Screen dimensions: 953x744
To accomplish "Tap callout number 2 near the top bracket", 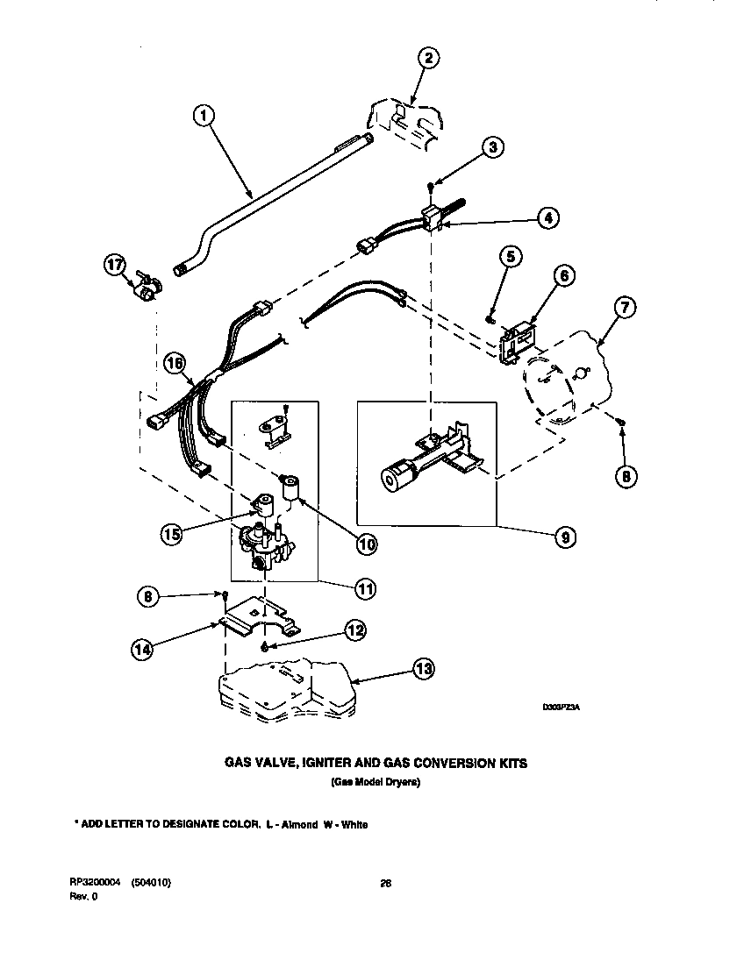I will pos(427,59).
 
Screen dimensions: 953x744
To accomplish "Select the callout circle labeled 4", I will pos(547,218).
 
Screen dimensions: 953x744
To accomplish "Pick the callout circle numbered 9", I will pos(565,537).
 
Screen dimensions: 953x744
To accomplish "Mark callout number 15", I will pos(174,533).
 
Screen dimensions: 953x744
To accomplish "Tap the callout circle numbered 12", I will pos(354,629).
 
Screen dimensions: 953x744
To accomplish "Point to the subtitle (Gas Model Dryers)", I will pos(375,782).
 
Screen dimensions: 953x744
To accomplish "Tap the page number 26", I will pos(384,883).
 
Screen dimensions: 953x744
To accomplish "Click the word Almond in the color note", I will pos(297,825).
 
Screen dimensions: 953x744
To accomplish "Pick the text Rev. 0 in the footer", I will pos(82,896).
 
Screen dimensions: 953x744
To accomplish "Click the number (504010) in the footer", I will pos(147,883).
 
